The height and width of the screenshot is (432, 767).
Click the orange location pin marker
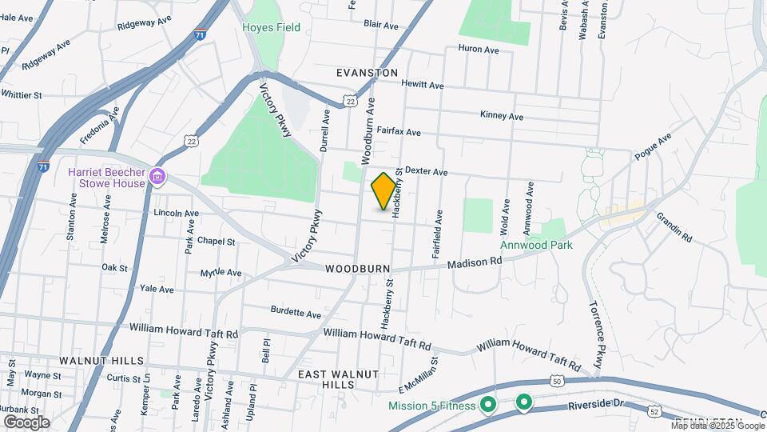click(383, 190)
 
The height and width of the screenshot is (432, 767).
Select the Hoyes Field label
click(272, 28)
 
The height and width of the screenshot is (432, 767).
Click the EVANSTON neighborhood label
click(367, 73)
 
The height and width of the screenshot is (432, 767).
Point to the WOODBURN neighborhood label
click(357, 270)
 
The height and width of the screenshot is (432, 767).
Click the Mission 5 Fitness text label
click(431, 406)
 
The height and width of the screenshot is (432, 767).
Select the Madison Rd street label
click(474, 262)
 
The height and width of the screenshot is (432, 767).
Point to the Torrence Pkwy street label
click(596, 329)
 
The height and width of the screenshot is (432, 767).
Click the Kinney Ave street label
click(502, 116)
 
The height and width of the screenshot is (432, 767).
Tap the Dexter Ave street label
click(426, 171)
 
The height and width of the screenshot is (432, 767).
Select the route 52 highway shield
click(654, 411)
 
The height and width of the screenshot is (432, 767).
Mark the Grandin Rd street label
click(674, 227)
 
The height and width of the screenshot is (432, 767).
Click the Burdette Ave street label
click(296, 312)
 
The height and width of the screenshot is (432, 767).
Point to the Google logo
click(26, 422)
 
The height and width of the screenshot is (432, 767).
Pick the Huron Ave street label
click(479, 50)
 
